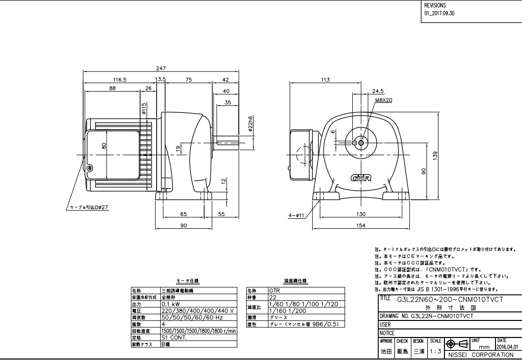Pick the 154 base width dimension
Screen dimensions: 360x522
pyautogui.click(x=361, y=226)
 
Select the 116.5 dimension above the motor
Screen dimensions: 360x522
pyautogui.click(x=120, y=79)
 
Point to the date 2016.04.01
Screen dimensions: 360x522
pyautogui.click(x=508, y=346)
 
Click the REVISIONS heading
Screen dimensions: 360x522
pyautogui.click(x=435, y=5)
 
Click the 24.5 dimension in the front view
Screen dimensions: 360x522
pyautogui.click(x=378, y=91)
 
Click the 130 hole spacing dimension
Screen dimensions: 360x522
pyautogui.click(x=361, y=214)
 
